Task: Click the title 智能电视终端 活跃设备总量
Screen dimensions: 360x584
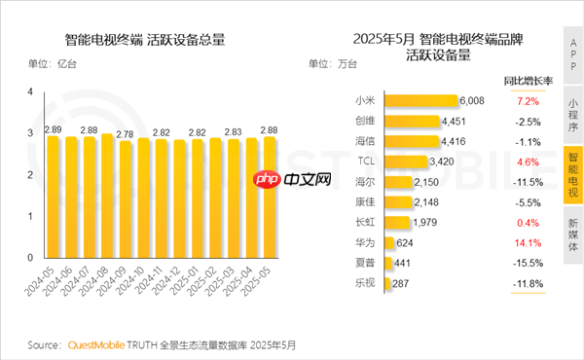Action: [145, 40]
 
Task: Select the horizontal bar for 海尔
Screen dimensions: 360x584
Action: [399, 183]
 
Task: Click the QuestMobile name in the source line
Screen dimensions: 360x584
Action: [96, 344]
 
